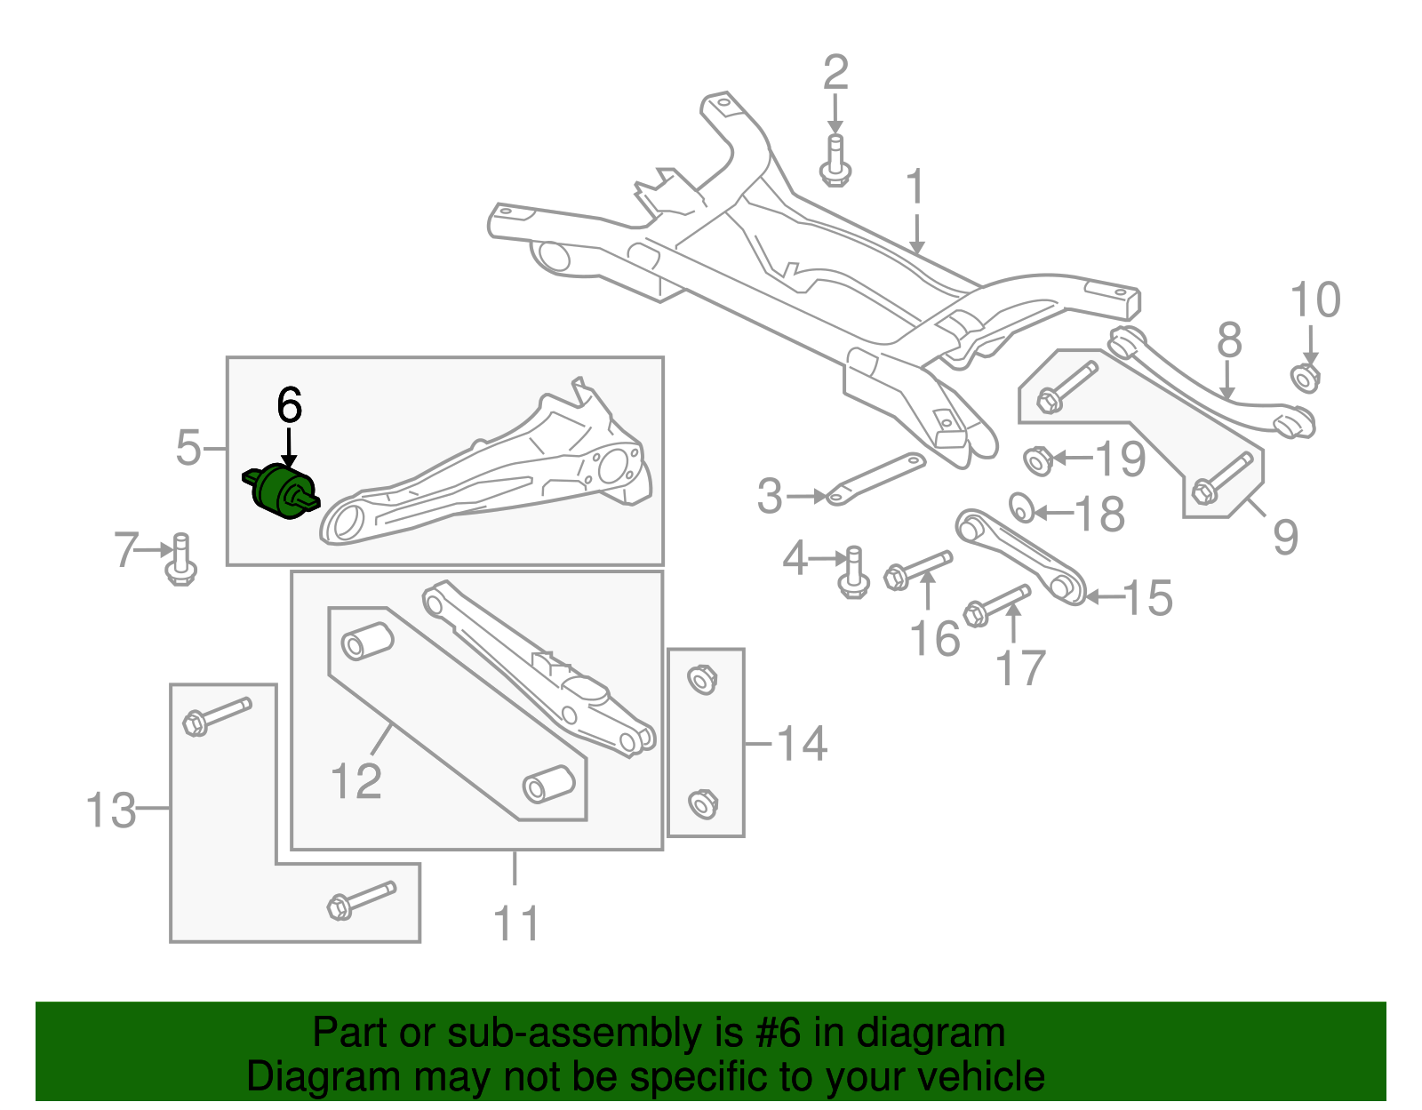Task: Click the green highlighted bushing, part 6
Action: [x=282, y=491]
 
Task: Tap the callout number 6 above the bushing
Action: [x=290, y=405]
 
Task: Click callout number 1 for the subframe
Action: [x=915, y=188]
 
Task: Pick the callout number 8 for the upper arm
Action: [x=1229, y=339]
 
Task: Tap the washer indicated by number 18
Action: [x=1022, y=507]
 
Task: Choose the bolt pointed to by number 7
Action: [x=181, y=559]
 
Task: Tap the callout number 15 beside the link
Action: [x=1147, y=598]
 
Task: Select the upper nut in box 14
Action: [x=703, y=681]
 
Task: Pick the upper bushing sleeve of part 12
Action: [x=367, y=642]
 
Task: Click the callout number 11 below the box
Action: [x=516, y=923]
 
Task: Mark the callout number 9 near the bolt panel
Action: [x=1285, y=536]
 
